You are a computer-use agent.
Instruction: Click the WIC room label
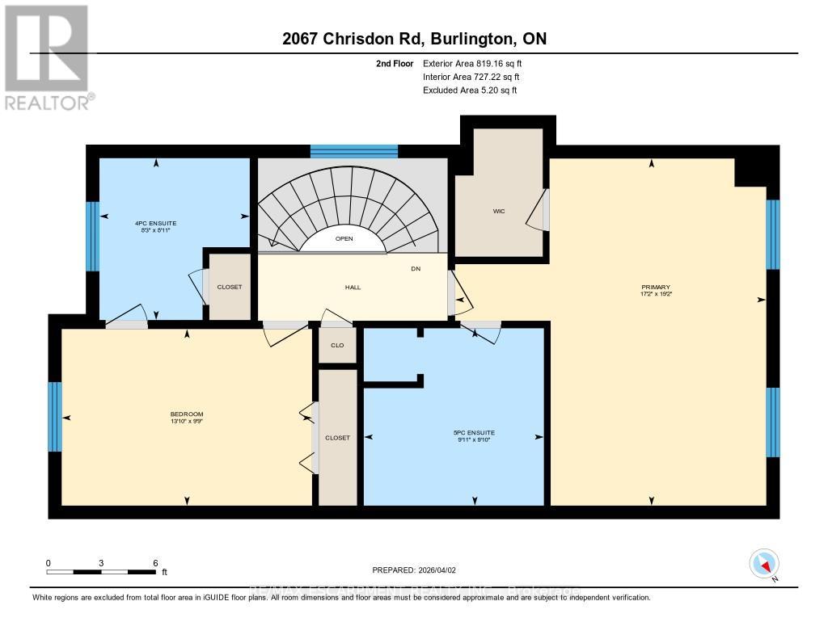pyautogui.click(x=499, y=212)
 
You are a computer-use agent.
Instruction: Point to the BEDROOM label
pyautogui.click(x=187, y=414)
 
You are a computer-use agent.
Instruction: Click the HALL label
pyautogui.click(x=353, y=287)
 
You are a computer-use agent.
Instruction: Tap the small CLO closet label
pyautogui.click(x=337, y=345)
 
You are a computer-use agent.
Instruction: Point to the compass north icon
pyautogui.click(x=763, y=563)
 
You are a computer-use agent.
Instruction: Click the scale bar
pyautogui.click(x=101, y=572)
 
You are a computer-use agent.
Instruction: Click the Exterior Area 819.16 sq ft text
pyautogui.click(x=478, y=63)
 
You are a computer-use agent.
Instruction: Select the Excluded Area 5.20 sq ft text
pyautogui.click(x=470, y=90)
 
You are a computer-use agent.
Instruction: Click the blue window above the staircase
pyautogui.click(x=354, y=151)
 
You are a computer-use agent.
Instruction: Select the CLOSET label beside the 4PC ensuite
pyautogui.click(x=230, y=287)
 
